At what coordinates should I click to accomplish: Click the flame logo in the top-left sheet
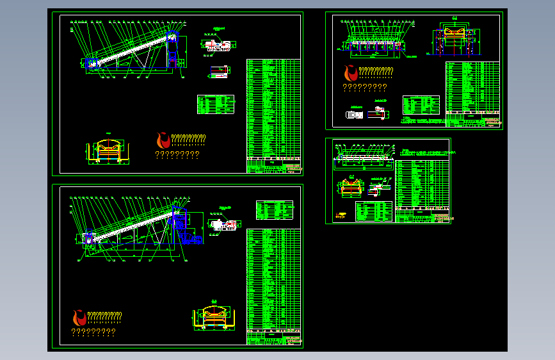[x=163, y=140]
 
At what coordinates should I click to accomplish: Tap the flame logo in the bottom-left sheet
[x=79, y=317]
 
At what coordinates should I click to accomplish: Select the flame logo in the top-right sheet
[x=351, y=72]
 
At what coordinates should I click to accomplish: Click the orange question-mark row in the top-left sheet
[x=177, y=154]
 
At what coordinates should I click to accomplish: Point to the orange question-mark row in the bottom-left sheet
[x=93, y=332]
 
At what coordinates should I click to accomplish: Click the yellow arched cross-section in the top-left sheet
[x=109, y=150]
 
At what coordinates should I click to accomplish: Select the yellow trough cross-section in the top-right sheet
[x=456, y=37]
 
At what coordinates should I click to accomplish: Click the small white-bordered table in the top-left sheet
[x=216, y=104]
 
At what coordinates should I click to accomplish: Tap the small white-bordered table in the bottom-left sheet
[x=275, y=210]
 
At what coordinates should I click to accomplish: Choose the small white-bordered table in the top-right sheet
[x=421, y=104]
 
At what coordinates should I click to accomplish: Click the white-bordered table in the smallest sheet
[x=374, y=211]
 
